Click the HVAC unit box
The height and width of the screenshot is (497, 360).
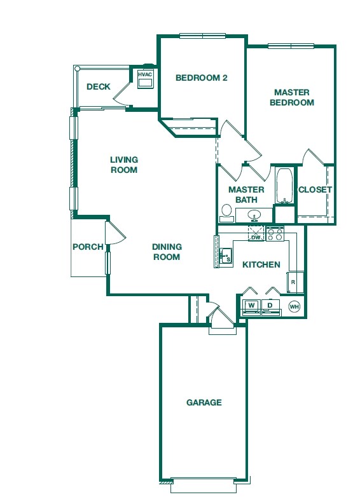click(x=145, y=78)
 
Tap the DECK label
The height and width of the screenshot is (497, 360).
click(x=99, y=87)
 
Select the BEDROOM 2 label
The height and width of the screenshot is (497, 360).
click(x=201, y=78)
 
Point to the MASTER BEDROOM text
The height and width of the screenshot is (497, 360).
click(x=292, y=97)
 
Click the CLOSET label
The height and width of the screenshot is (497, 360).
click(x=315, y=189)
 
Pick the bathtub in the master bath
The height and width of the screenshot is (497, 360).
click(x=284, y=185)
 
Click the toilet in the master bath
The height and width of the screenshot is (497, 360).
click(x=226, y=210)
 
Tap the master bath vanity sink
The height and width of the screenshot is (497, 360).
click(x=254, y=215)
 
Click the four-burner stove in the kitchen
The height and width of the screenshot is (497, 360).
click(x=275, y=234)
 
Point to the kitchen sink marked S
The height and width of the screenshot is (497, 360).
click(x=226, y=255)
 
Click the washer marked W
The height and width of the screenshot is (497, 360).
click(x=251, y=306)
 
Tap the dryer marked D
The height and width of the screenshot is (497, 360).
click(x=270, y=306)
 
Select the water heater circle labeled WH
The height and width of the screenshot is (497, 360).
click(x=294, y=306)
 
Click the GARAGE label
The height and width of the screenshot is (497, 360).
click(x=204, y=402)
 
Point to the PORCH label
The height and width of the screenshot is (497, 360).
click(x=87, y=247)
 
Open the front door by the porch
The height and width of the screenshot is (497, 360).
click(x=114, y=232)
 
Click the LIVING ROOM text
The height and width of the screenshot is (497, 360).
click(x=124, y=165)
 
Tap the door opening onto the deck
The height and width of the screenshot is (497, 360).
click(x=121, y=97)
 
